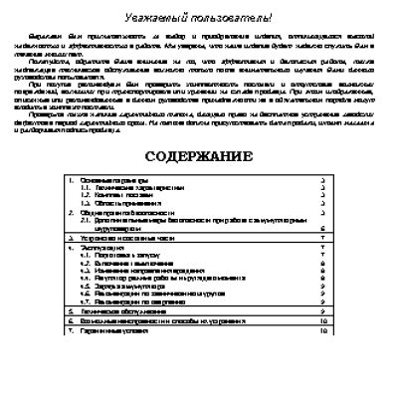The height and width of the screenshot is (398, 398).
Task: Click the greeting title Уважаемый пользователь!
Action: tap(199, 19)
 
